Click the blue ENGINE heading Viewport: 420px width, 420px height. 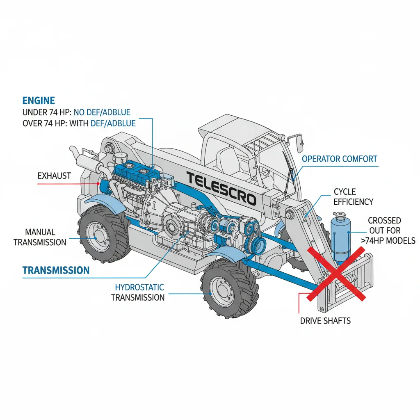[39, 100]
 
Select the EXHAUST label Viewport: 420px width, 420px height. [54, 176]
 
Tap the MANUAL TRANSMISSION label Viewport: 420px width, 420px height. [40, 237]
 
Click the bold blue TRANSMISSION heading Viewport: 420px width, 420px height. [56, 270]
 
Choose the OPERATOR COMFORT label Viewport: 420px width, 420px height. [339, 159]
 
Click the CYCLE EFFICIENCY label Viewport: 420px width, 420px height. [353, 196]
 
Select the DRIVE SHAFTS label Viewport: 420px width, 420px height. [325, 320]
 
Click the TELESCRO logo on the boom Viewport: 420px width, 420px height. [221, 188]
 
